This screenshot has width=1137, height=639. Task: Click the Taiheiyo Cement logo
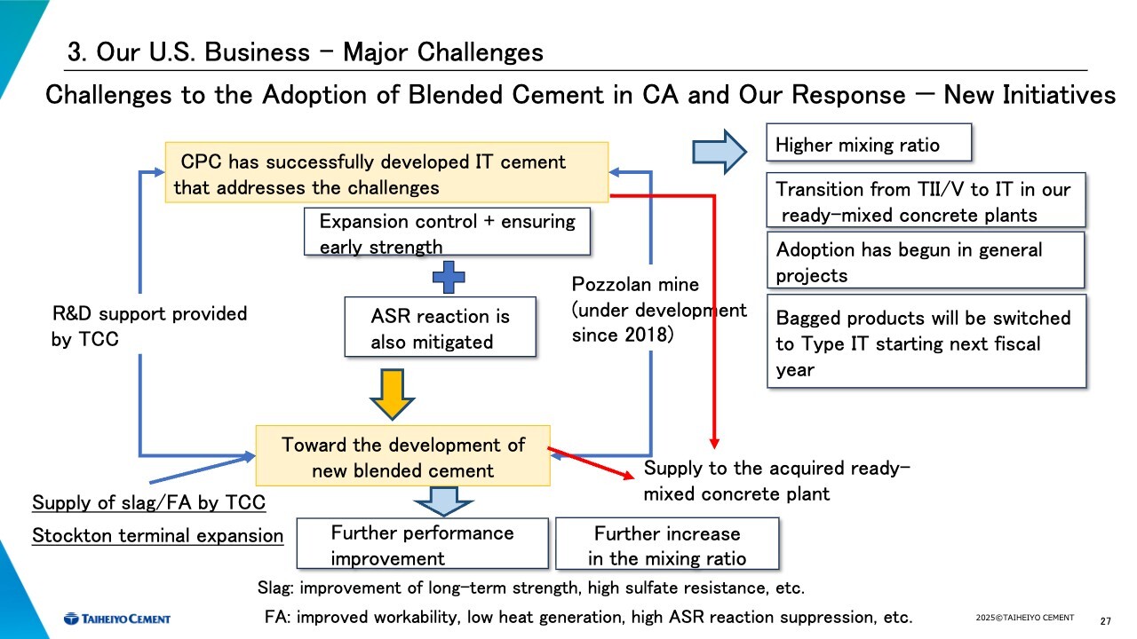pyautogui.click(x=116, y=618)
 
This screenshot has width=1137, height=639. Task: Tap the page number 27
pyautogui.click(x=1106, y=619)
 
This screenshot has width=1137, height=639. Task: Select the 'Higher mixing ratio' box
pyautogui.click(x=868, y=145)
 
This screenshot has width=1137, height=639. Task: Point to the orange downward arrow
pyautogui.click(x=392, y=394)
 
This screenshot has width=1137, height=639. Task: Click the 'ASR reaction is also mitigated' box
pyautogui.click(x=441, y=327)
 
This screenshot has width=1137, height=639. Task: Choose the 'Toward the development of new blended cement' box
pyautogui.click(x=402, y=456)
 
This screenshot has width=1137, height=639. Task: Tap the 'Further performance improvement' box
pyautogui.click(x=423, y=544)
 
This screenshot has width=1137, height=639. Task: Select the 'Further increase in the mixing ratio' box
pyautogui.click(x=666, y=544)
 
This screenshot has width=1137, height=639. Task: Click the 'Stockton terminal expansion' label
pyautogui.click(x=157, y=536)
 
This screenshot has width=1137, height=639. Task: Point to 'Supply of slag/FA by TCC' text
pyautogui.click(x=148, y=503)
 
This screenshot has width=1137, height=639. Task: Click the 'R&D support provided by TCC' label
pyautogui.click(x=149, y=326)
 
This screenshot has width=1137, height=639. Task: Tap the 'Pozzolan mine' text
pyautogui.click(x=635, y=285)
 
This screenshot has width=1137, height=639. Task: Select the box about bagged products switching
pyautogui.click(x=926, y=343)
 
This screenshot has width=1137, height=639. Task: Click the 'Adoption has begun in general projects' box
pyautogui.click(x=926, y=261)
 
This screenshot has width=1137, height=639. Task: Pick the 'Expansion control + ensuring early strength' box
pyautogui.click(x=446, y=233)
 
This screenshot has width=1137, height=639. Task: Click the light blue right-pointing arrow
pyautogui.click(x=720, y=151)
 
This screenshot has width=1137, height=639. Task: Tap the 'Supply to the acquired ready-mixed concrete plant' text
pyautogui.click(x=776, y=481)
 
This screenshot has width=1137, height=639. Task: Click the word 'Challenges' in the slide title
pyautogui.click(x=480, y=52)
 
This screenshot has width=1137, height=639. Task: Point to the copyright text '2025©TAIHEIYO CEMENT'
pyautogui.click(x=1024, y=618)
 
